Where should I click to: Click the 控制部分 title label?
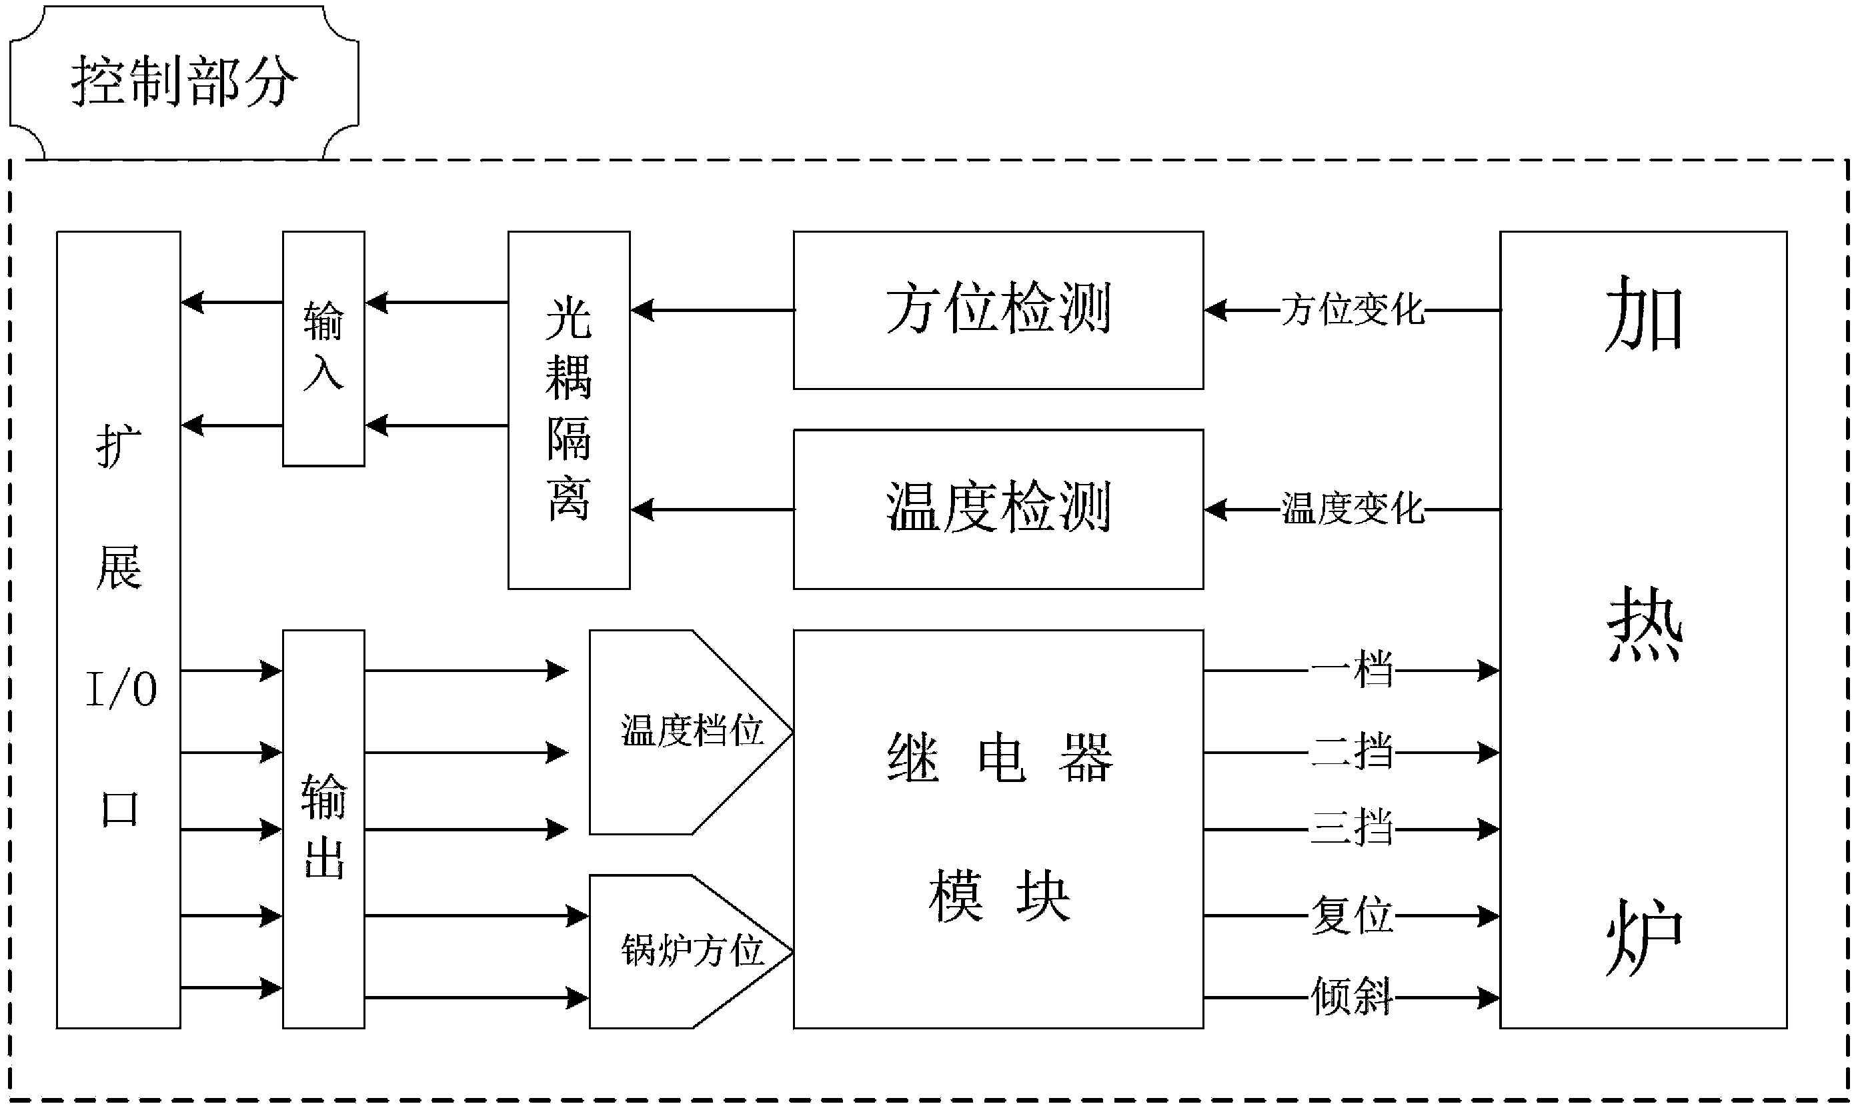point(184,81)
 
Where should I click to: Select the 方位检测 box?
point(998,309)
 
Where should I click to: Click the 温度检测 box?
point(998,509)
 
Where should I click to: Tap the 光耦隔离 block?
point(568,409)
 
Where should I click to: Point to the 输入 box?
point(323,348)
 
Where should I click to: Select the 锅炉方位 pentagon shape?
point(691,951)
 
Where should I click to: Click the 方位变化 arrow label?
point(1352,309)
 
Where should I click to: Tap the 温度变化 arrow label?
point(1352,509)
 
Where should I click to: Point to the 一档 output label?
point(1352,670)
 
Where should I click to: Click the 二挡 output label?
point(1352,751)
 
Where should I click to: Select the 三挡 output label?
point(1352,828)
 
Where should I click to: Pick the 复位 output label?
point(1352,915)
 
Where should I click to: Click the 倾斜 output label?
point(1352,996)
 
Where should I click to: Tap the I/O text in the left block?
point(121,689)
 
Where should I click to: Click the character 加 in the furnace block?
point(1643,313)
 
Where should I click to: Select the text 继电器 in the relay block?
point(999,757)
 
